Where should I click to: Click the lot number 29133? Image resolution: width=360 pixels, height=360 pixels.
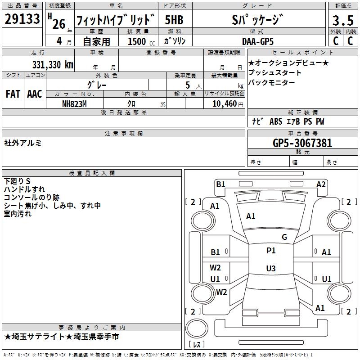click(22, 19)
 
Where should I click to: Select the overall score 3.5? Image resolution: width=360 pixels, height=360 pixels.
click(342, 21)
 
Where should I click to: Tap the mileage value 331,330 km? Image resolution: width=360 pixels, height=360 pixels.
click(52, 65)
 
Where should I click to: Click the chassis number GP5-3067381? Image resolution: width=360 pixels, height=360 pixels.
click(302, 144)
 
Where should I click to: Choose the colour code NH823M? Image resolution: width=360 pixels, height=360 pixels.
click(74, 103)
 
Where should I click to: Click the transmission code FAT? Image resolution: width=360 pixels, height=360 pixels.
click(13, 94)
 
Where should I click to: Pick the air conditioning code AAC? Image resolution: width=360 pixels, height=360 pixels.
click(35, 94)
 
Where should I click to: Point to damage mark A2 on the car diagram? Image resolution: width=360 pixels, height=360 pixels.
click(321, 184)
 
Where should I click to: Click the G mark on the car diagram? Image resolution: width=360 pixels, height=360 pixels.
click(284, 237)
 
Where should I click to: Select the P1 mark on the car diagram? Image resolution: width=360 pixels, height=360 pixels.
click(271, 251)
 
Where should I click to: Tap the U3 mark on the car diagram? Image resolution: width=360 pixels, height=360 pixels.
click(270, 269)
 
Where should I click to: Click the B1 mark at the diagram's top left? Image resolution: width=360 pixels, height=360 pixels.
click(220, 184)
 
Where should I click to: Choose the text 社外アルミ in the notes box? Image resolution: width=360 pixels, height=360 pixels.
click(23, 143)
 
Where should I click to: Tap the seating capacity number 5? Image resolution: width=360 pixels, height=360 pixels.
click(187, 85)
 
